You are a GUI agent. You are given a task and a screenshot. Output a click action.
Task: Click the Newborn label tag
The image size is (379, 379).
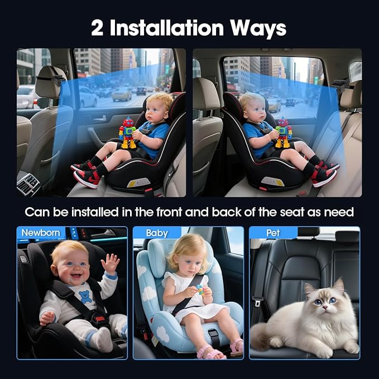41,232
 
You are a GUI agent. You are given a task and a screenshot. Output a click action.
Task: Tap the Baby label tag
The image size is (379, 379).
157,232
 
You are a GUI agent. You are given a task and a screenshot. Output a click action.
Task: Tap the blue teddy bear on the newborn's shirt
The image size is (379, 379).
85,296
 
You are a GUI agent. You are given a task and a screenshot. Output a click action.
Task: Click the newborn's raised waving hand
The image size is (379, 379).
111,262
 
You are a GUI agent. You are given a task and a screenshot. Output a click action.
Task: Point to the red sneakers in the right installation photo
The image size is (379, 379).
324,172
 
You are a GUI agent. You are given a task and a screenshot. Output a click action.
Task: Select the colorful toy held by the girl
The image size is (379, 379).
200,290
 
